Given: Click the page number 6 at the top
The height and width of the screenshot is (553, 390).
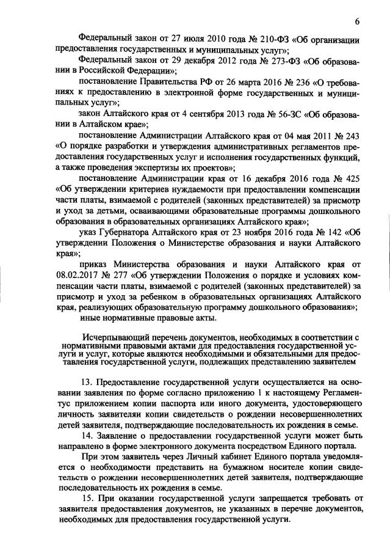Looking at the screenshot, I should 358,22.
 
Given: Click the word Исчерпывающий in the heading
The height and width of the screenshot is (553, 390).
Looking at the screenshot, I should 114,337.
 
